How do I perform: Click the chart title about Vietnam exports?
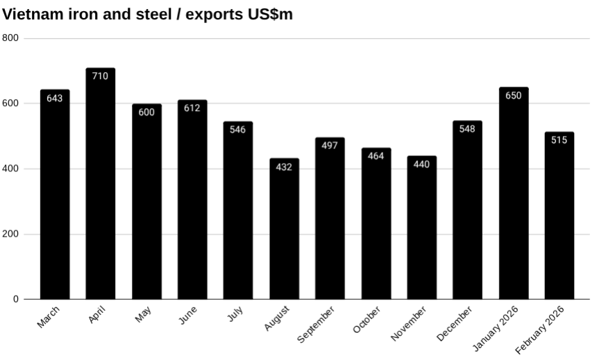(x=148, y=14)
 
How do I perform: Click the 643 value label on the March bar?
(x=55, y=98)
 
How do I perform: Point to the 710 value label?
(x=100, y=76)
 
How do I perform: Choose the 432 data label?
(x=284, y=167)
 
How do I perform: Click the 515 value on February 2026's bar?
(x=559, y=140)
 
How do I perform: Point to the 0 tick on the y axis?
(x=16, y=299)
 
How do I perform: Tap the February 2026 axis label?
(x=546, y=330)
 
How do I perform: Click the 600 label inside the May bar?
(x=146, y=112)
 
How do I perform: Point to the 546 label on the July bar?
(x=238, y=130)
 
